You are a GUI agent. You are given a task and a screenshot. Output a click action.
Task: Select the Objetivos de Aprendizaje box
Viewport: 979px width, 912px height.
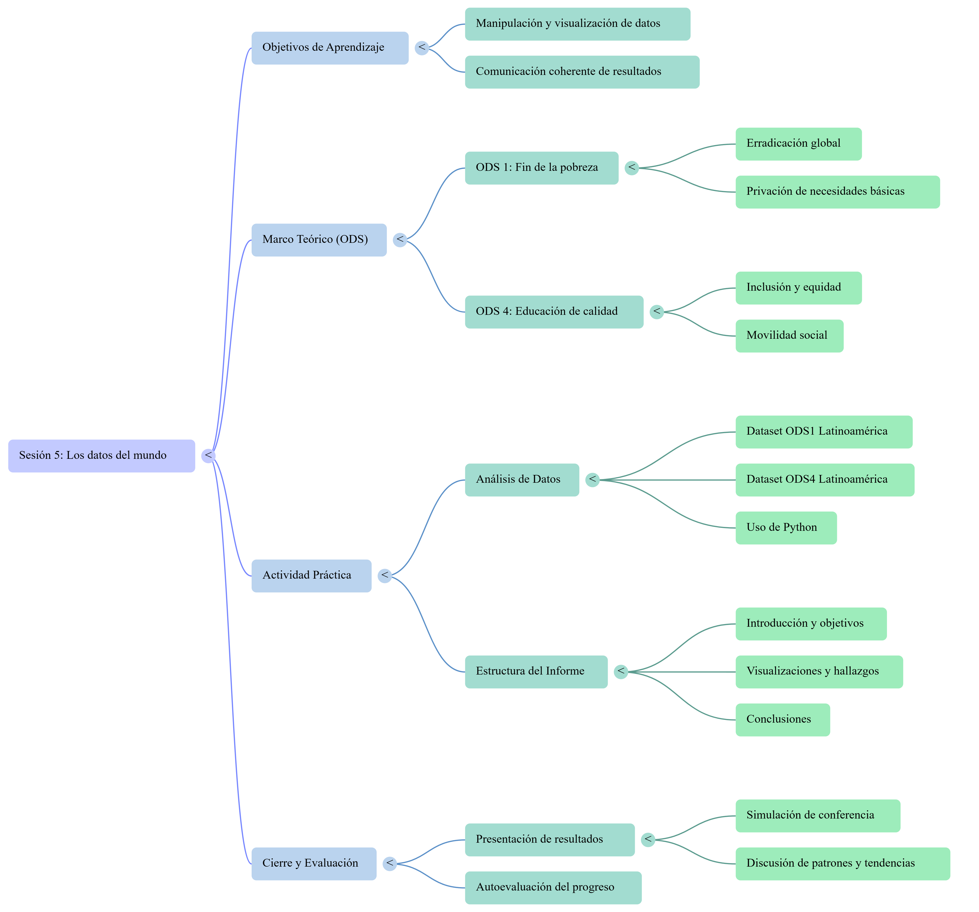click(330, 48)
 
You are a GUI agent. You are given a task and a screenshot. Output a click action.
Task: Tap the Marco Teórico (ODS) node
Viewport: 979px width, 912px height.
click(319, 240)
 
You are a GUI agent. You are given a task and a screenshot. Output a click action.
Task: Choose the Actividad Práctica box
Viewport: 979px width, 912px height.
click(311, 576)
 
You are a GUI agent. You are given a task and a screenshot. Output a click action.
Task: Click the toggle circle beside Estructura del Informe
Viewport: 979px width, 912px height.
click(621, 672)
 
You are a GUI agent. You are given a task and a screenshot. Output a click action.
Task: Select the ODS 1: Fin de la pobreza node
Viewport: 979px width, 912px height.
click(542, 168)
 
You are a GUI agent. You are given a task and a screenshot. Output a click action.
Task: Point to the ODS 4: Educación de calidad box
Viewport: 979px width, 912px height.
click(554, 312)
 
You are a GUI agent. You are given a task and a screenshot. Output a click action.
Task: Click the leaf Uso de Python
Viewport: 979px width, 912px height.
click(786, 528)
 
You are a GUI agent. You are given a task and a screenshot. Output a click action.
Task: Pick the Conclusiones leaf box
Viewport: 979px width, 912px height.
click(783, 720)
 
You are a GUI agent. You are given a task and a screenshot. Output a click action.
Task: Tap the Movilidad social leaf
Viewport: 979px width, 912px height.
click(789, 336)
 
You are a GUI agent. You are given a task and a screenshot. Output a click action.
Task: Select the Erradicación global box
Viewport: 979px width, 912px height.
click(799, 144)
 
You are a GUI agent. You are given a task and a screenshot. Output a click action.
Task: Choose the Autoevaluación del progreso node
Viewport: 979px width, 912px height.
click(553, 888)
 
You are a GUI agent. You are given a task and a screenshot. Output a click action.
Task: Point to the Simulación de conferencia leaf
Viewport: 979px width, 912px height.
click(818, 816)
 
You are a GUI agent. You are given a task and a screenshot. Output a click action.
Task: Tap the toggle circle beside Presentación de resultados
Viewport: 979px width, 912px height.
click(648, 840)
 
